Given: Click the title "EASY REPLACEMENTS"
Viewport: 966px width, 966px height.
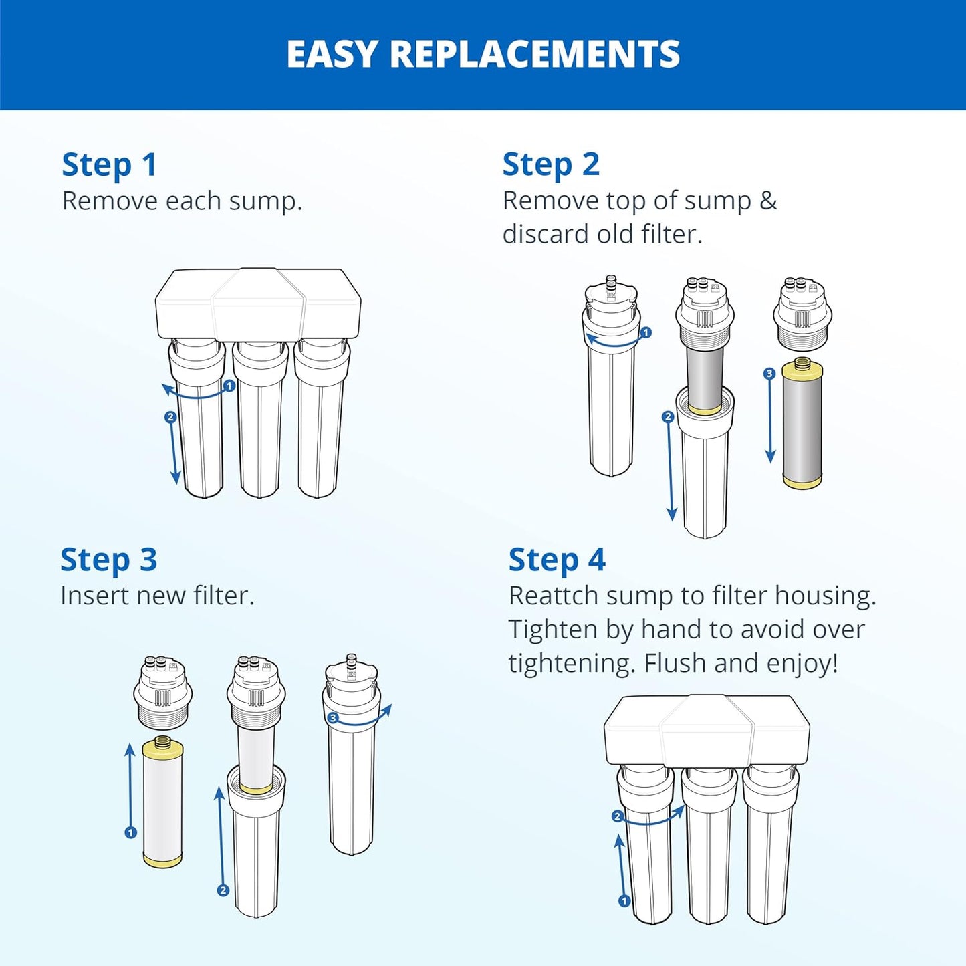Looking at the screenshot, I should [483, 54].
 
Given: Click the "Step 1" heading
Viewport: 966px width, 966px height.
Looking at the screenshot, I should [109, 165].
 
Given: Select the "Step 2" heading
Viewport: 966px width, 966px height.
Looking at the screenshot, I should [551, 165].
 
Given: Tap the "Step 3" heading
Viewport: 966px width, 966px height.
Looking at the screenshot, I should [108, 560].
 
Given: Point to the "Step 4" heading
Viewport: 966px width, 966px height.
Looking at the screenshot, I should [557, 560].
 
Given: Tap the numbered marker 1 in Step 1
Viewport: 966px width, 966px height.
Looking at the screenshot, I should [229, 386].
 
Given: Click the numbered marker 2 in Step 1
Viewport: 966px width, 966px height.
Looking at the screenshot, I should [170, 417].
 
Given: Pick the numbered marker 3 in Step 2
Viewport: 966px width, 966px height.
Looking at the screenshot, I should [769, 374].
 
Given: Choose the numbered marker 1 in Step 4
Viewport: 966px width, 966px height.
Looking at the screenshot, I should [624, 901].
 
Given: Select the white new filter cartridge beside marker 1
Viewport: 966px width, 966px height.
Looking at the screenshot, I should [162, 802].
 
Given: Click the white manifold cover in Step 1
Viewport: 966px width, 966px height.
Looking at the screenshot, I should [258, 304].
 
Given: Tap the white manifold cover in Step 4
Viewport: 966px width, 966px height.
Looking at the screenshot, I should [707, 730].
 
